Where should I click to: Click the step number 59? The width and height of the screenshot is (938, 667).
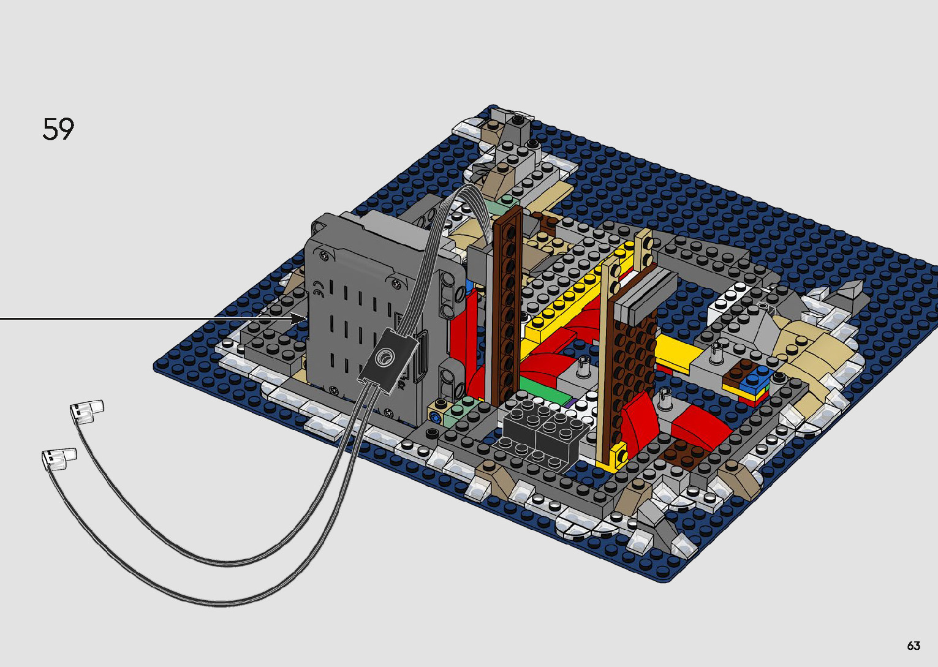[58, 129]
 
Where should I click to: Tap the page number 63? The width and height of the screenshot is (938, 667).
[913, 646]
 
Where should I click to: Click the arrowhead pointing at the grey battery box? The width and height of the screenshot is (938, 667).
[300, 318]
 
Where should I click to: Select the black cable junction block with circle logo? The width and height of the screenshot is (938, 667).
[387, 360]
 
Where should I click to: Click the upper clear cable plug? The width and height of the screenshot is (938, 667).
[87, 411]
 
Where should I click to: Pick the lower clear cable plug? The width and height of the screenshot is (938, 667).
[59, 459]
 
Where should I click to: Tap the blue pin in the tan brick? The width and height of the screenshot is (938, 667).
[434, 418]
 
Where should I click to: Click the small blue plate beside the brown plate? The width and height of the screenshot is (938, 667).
[757, 377]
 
